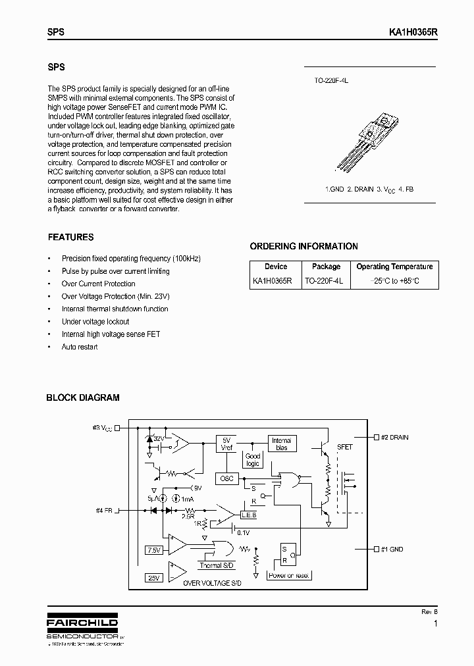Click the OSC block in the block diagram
coord(225,478)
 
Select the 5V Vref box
coord(226,444)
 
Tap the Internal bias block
coord(281,444)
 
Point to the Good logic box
coord(253,459)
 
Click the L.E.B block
coord(249,515)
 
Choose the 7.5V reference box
coord(153,550)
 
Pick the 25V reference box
coord(153,577)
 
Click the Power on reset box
coord(290,575)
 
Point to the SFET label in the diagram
coord(344,447)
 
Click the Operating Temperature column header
coord(394,267)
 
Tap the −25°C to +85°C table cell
coord(394,280)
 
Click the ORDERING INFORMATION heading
coord(303,246)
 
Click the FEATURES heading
coord(71,237)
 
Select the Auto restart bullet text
coord(80,347)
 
